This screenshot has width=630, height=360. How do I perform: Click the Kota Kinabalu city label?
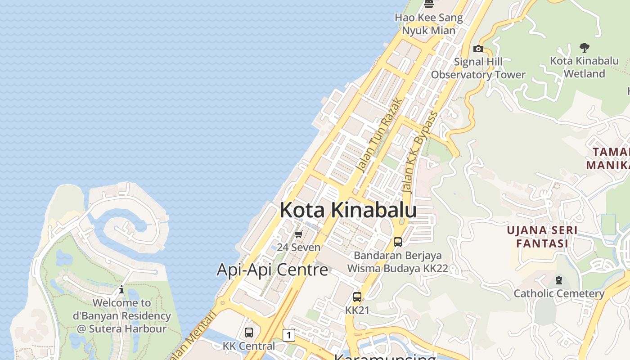click(x=348, y=210)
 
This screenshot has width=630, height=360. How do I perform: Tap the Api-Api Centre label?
click(x=272, y=270)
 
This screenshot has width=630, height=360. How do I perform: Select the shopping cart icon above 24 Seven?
click(x=299, y=234)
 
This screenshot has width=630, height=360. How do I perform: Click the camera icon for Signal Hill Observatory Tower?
click(x=478, y=49)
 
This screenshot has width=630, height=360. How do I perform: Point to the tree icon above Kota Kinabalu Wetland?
click(x=584, y=47)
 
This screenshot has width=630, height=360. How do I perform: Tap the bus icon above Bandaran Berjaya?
click(x=398, y=242)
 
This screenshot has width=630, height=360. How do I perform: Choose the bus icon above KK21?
click(x=357, y=297)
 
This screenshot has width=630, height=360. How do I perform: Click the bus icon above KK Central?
click(x=249, y=333)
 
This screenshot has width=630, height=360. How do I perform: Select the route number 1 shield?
click(x=288, y=335)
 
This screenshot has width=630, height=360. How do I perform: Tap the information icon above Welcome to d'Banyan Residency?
click(x=121, y=289)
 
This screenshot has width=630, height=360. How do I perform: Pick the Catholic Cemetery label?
click(x=559, y=293)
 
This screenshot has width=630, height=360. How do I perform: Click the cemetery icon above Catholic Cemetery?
click(x=559, y=280)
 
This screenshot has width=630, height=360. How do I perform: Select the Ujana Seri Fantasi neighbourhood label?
click(x=542, y=237)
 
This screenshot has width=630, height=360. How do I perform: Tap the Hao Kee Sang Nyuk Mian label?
click(x=428, y=24)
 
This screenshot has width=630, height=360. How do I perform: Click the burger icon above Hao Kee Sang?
click(x=429, y=4)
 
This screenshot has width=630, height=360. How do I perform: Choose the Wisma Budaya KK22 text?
click(x=397, y=269)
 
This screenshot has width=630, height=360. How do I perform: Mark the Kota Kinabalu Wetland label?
click(x=584, y=67)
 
